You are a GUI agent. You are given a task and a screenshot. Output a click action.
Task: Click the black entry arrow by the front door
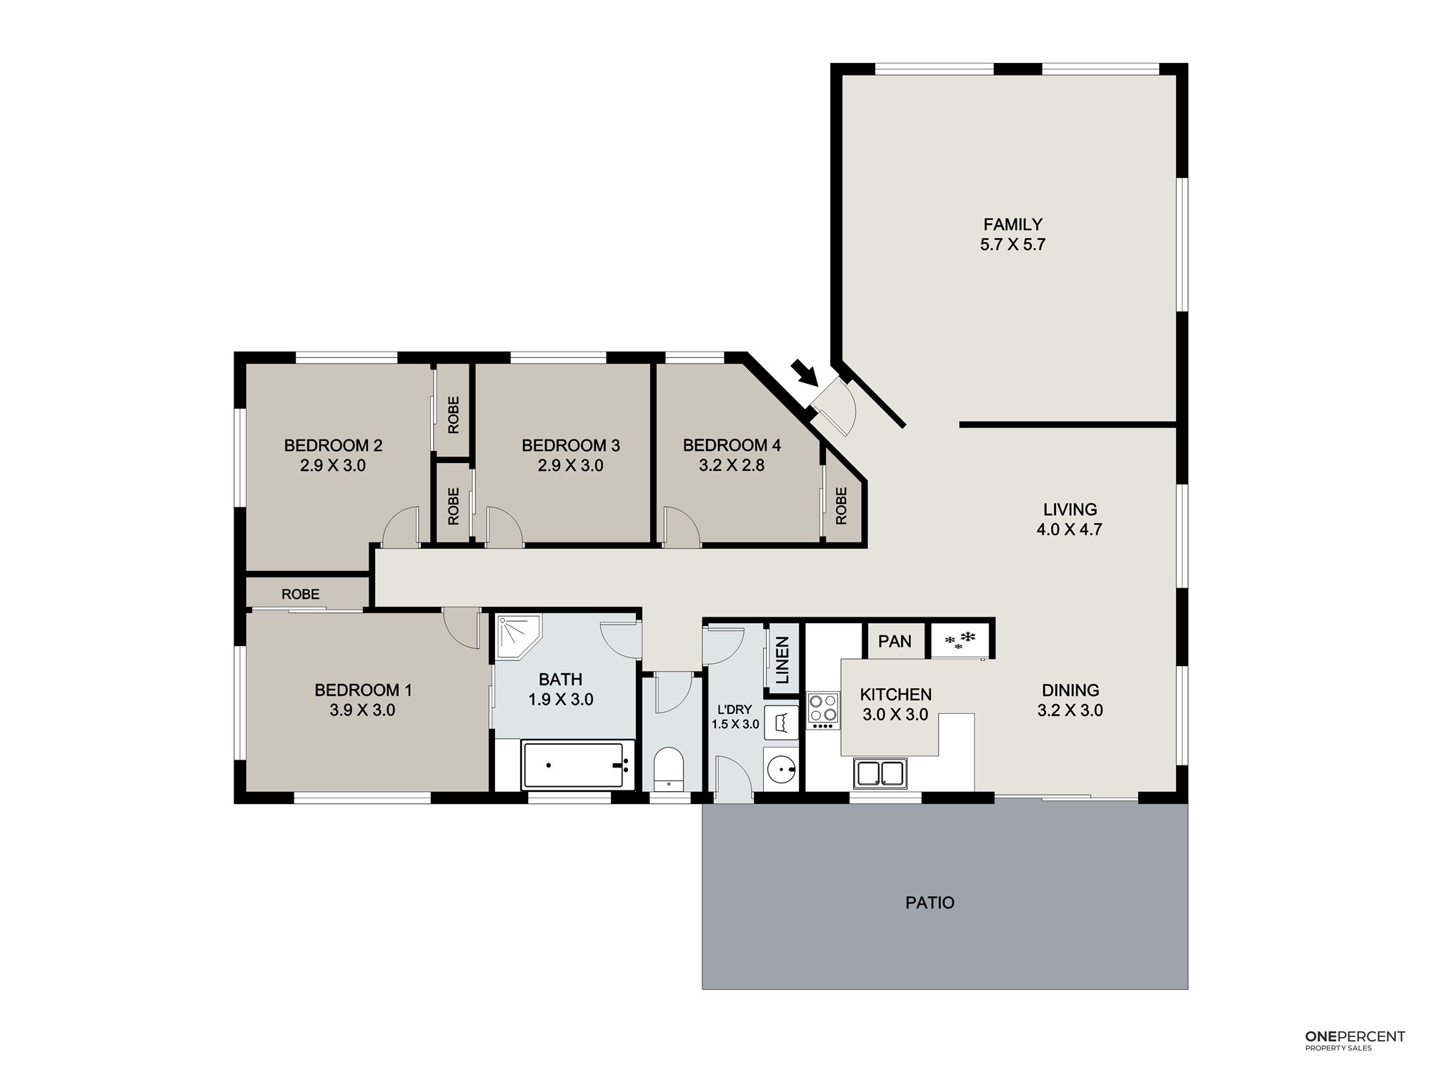(805, 372)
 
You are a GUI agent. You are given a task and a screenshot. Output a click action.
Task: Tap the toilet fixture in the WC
(669, 769)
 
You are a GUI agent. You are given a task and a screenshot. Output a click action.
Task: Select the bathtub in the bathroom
(577, 765)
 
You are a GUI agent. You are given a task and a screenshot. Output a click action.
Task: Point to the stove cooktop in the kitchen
(823, 710)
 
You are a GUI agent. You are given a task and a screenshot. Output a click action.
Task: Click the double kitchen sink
(880, 773)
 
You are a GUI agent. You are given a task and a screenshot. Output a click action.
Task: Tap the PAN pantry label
(895, 641)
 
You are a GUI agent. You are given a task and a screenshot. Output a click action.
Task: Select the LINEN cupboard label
(782, 660)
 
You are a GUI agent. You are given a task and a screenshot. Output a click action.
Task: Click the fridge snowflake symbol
(960, 640)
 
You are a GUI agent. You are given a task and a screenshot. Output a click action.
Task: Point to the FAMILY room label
(1012, 224)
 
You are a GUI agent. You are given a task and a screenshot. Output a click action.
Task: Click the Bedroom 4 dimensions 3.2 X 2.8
(732, 465)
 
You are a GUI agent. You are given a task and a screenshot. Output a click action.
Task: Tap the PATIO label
(930, 903)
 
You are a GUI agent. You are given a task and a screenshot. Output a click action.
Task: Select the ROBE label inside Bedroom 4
(841, 505)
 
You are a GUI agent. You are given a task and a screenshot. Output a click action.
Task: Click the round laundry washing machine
(781, 770)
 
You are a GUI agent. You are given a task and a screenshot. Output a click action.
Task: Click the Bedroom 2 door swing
(400, 527)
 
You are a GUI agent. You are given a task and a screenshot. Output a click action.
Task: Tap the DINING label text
(1070, 690)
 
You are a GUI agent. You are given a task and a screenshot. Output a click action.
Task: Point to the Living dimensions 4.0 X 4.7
(1070, 530)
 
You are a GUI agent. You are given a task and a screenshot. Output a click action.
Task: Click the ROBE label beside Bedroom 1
(300, 594)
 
